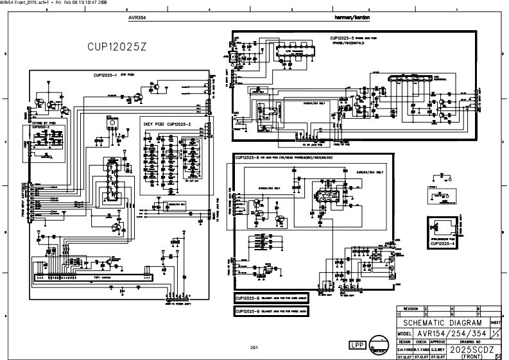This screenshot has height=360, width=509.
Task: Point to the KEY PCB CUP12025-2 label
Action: (168, 123)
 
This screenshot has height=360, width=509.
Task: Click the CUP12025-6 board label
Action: (248, 158)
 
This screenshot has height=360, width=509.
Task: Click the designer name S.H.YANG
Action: (404, 350)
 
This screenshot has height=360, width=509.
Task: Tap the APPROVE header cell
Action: (438, 343)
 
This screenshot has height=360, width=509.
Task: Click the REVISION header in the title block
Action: (411, 309)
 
